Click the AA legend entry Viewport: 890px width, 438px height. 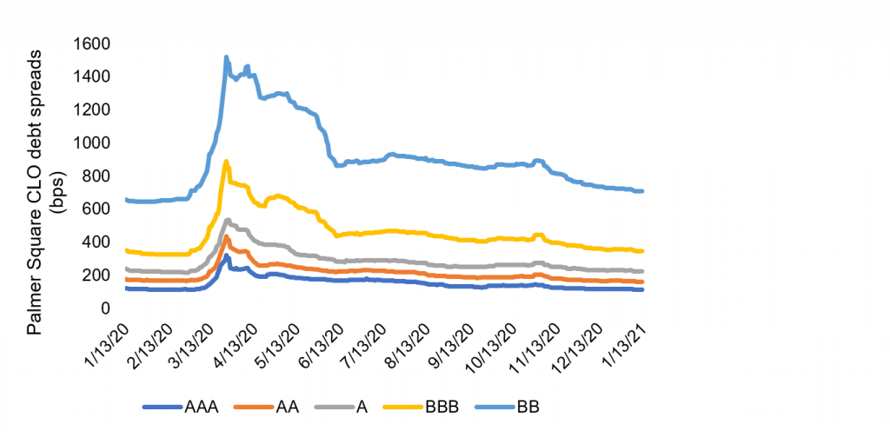[x=286, y=406]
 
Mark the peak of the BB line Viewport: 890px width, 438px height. [x=226, y=57]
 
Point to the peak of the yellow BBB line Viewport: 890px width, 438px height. [x=226, y=161]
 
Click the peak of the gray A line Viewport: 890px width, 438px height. [x=228, y=219]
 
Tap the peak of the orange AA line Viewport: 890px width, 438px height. [x=226, y=236]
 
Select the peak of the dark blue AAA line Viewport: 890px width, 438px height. [x=226, y=255]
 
